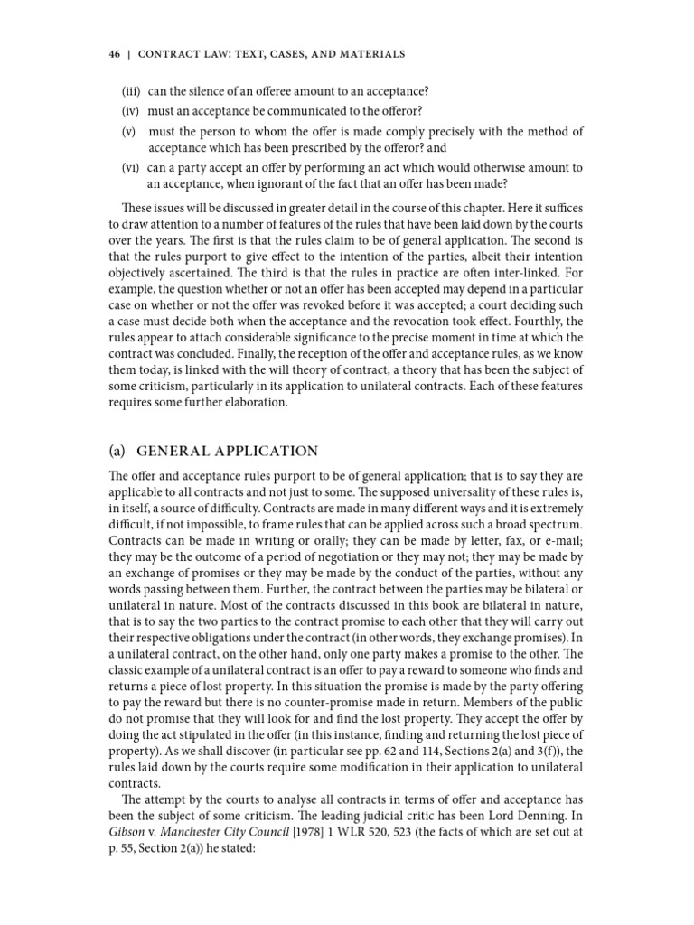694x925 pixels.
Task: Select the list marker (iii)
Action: pos(132,91)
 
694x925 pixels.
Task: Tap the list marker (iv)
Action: pos(132,111)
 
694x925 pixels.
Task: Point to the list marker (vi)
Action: pos(132,168)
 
